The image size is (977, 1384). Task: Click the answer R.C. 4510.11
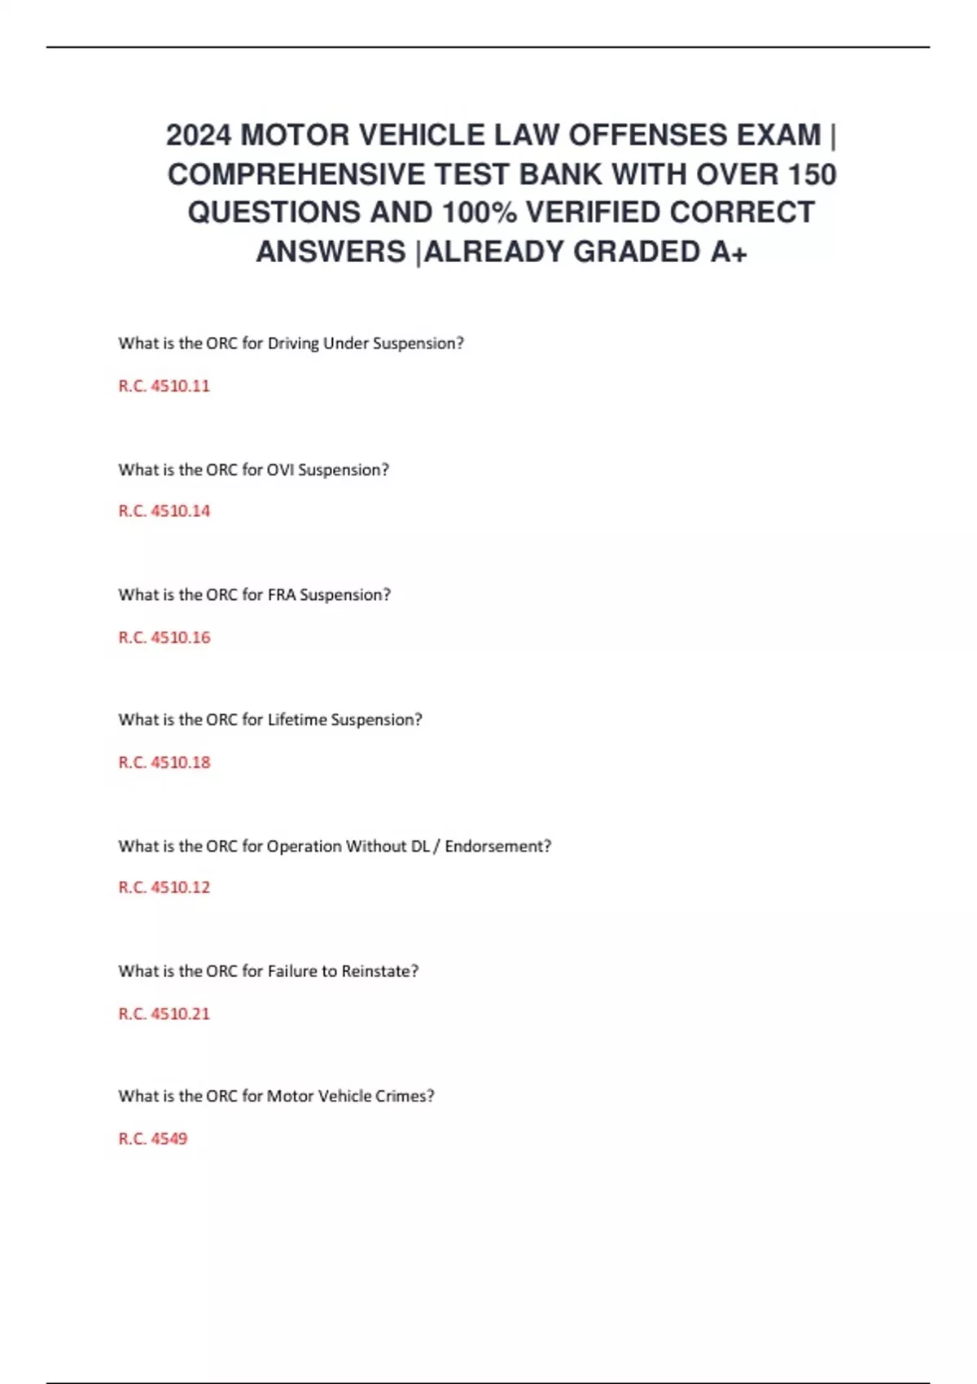(164, 386)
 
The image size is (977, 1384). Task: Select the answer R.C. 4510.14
(164, 511)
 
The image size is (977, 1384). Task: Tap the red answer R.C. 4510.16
(164, 637)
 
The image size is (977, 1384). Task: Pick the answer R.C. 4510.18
(164, 763)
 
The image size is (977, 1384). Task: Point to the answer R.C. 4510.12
(164, 887)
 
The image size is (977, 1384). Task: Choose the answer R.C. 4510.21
(164, 1014)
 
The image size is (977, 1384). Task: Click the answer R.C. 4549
(152, 1139)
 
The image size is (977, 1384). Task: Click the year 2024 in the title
(199, 135)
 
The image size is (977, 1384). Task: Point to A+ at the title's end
(728, 252)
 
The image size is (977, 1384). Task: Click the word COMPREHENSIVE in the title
(296, 174)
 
